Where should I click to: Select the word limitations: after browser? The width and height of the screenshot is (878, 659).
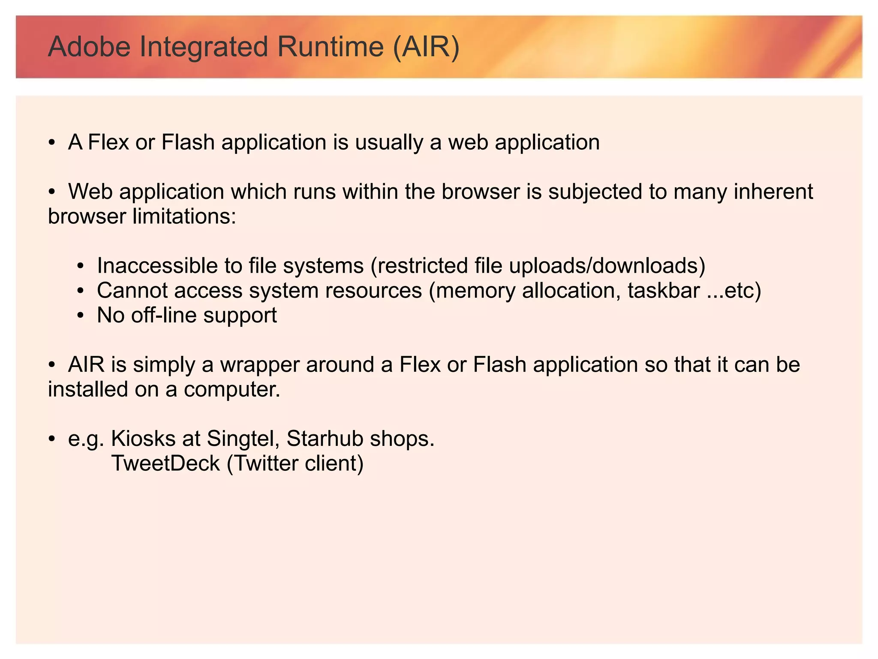[184, 217]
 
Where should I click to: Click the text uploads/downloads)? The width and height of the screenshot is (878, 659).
[607, 266]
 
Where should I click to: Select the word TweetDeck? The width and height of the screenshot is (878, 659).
[165, 463]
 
